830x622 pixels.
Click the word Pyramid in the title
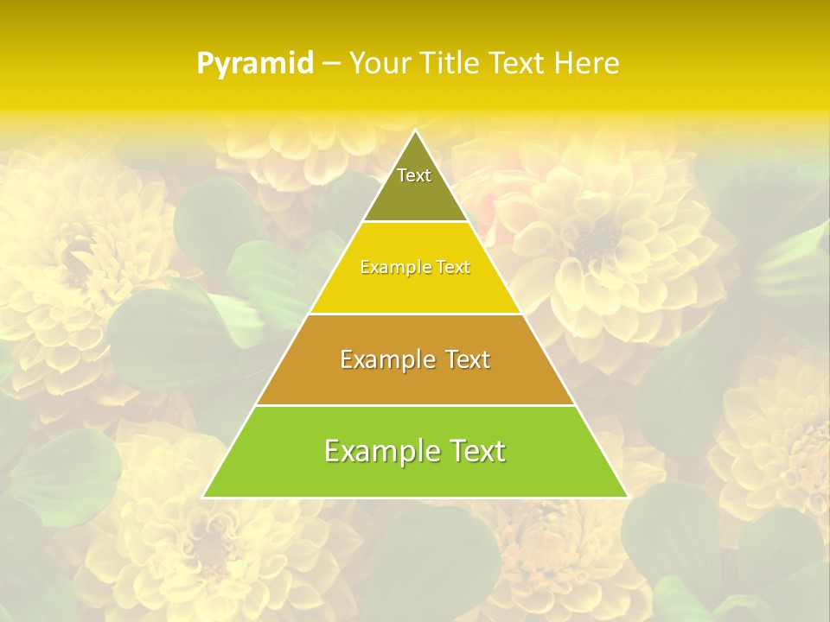(x=254, y=64)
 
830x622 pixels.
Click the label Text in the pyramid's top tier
(x=414, y=175)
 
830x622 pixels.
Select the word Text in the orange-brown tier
(x=468, y=359)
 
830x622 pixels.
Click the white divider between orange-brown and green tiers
(x=415, y=405)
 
